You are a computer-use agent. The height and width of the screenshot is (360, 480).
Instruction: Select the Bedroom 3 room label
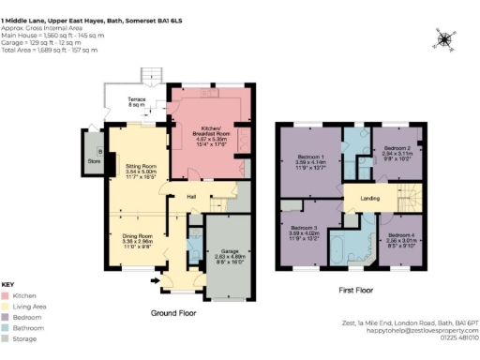coord(303,228)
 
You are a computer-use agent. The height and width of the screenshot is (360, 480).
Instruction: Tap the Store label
coord(94,161)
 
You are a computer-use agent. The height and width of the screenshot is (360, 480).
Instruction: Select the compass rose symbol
coord(442,38)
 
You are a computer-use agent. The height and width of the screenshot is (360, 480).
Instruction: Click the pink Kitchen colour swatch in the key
coord(7,294)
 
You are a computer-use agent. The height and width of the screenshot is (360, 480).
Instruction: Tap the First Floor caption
coord(357,292)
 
